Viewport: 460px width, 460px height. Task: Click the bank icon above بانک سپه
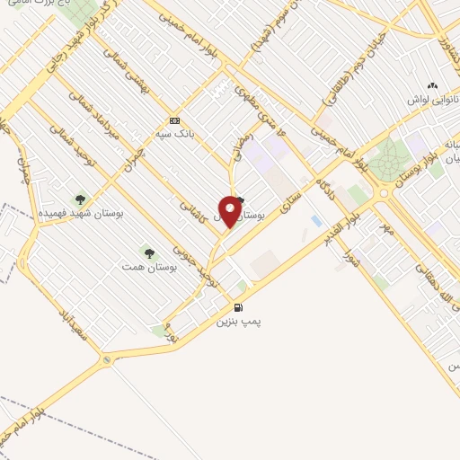click(173, 120)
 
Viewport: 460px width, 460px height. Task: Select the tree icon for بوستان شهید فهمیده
click(80, 199)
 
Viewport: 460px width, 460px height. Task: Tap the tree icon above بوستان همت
click(148, 254)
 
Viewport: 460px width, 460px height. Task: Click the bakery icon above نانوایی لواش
click(432, 85)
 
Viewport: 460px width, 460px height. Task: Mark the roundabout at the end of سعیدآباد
click(106, 360)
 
